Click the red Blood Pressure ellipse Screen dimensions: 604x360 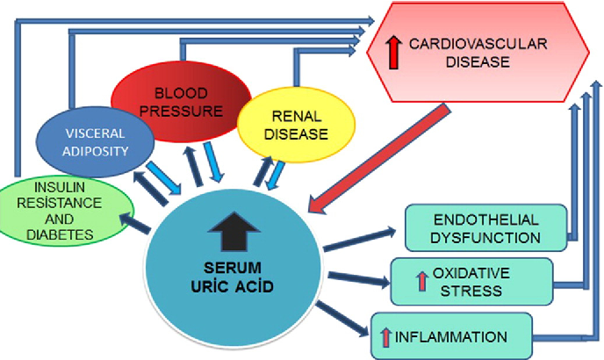pos(181,102)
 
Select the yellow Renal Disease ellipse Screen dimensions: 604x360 pos(296,125)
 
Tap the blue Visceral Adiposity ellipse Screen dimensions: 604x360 pos(95,142)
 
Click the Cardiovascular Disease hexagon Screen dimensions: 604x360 pos(478,53)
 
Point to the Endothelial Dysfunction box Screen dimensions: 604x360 pos(485,228)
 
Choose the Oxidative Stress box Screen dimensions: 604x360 pos(471,282)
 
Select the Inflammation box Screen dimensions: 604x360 pos(451,336)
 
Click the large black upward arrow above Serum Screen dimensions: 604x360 pos(234,231)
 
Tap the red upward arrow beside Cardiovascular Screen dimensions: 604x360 pos(393,52)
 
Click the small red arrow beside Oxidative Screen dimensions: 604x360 pos(422,281)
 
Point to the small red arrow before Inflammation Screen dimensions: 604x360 pos(385,337)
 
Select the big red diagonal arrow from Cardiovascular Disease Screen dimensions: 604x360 pos(379,159)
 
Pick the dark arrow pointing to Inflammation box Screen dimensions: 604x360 pos(342,319)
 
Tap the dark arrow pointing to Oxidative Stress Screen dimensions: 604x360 pos(358,279)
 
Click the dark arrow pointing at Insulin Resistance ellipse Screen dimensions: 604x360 pos(134,224)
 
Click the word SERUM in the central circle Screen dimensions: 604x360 pos(233,268)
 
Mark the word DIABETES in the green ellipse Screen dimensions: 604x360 pos(60,234)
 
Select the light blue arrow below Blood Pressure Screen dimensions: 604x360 pos(213,162)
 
